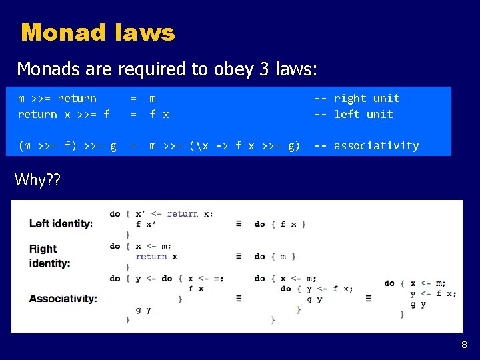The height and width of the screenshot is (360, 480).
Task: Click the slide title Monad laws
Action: click(97, 32)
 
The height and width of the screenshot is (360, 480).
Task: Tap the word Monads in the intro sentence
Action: click(43, 69)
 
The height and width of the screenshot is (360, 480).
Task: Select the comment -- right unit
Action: click(357, 98)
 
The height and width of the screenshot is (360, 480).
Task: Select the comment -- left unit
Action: click(354, 114)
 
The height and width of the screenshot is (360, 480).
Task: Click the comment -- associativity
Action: click(367, 145)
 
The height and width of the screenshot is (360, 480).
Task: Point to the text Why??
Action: click(37, 179)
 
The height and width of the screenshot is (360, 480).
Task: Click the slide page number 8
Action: click(464, 345)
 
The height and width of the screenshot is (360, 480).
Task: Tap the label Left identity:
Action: click(61, 223)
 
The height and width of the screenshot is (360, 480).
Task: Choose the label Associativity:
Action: click(63, 298)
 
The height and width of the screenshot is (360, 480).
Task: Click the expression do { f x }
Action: click(280, 224)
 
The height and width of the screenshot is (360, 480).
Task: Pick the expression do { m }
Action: click(275, 256)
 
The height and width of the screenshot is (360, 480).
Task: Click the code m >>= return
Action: click(57, 98)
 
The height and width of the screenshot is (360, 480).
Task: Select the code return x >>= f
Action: click(64, 114)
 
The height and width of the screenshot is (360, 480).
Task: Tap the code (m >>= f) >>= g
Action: click(67, 145)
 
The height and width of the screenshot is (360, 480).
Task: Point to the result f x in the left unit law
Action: click(159, 114)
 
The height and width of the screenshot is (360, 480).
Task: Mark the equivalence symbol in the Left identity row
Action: click(239, 224)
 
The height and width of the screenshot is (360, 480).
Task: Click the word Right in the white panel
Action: click(43, 249)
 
